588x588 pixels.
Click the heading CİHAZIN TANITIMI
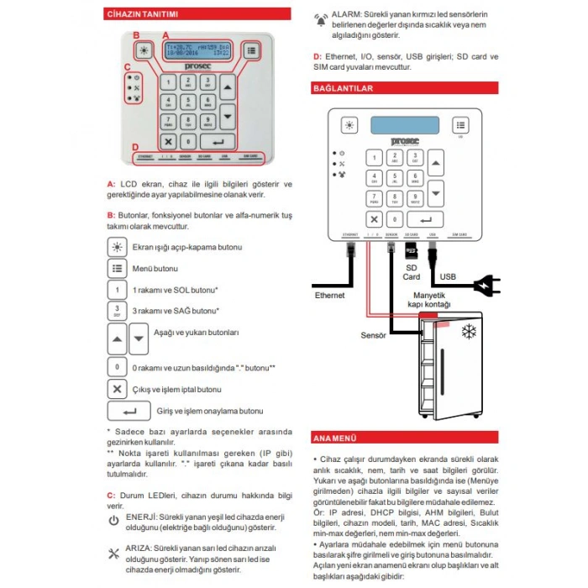point(141,14)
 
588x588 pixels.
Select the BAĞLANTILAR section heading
point(344,87)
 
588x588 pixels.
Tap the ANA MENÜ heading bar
point(336,438)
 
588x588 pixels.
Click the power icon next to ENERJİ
point(114,521)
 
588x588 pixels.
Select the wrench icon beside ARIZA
point(114,553)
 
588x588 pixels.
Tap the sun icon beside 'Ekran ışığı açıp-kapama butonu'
point(117,247)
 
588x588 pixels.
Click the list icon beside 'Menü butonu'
point(117,268)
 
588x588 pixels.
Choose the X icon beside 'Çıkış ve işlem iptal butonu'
point(117,389)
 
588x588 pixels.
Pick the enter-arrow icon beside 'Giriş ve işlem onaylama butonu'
point(129,411)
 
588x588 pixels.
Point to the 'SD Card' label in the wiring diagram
point(411,271)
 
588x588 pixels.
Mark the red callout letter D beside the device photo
point(134,147)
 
